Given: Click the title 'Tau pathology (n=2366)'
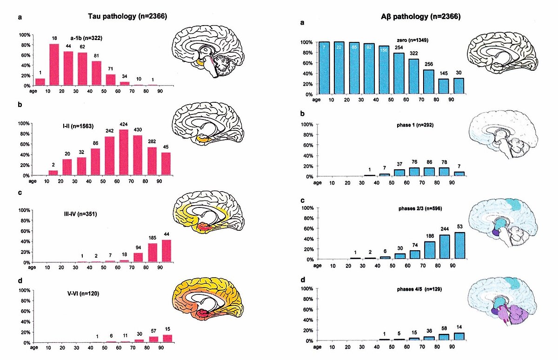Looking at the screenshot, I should (127, 17).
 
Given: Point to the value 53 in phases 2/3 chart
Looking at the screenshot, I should (460, 227).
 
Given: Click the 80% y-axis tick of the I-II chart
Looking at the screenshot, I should (24, 134).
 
